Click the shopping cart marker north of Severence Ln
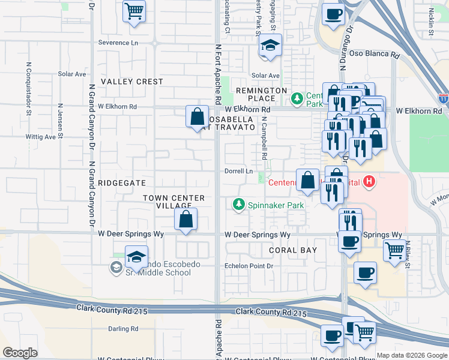[x=134, y=11]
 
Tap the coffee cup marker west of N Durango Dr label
[x=333, y=14]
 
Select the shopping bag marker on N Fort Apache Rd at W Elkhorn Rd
[x=197, y=117]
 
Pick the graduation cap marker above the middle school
[x=136, y=257]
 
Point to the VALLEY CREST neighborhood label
[x=131, y=82]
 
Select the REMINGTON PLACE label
[x=261, y=94]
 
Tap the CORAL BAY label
[x=292, y=250]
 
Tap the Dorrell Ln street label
[x=238, y=171]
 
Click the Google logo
[x=20, y=353]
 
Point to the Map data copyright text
[x=412, y=355]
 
